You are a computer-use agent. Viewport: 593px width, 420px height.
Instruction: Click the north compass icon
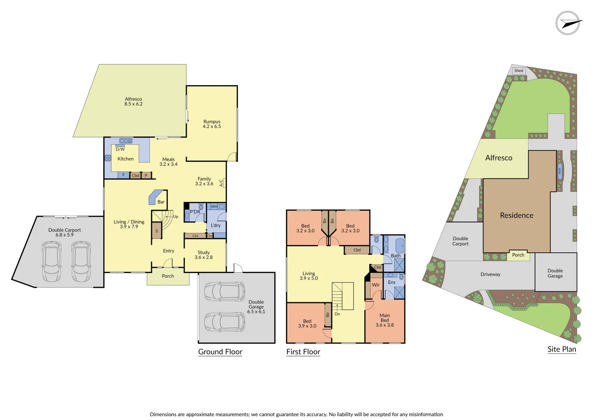point(568,23)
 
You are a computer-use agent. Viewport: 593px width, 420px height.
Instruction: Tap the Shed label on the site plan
point(519,71)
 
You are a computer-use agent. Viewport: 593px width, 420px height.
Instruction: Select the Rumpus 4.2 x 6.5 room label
point(212,124)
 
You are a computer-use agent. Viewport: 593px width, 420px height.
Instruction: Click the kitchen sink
point(126,141)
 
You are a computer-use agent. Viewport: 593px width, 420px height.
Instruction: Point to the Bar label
point(161,202)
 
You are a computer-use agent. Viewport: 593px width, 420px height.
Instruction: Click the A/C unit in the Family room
point(222,183)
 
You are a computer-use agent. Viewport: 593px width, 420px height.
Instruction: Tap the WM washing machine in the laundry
point(214,206)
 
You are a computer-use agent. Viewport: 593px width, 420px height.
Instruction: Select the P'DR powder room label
point(195,212)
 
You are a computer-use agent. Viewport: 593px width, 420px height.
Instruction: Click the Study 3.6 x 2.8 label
point(203,255)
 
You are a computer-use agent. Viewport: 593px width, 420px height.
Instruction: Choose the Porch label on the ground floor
point(168,276)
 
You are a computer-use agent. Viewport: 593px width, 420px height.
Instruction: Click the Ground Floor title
point(220,352)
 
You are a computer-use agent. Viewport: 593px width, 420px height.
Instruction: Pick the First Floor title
point(303,352)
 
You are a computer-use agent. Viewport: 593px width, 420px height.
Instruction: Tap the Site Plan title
point(562,349)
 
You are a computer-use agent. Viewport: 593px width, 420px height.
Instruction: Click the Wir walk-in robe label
point(376,285)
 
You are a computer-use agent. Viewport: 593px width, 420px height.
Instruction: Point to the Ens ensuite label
point(391,282)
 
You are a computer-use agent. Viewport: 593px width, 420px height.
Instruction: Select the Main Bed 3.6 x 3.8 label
point(384,320)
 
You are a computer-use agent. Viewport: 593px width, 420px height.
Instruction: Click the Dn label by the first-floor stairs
point(337,314)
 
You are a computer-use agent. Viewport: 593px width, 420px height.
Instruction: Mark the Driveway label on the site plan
point(490,275)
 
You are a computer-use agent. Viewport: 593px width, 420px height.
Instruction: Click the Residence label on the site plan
point(516,215)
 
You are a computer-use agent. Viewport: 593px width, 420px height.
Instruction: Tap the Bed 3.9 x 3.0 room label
point(307,324)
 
